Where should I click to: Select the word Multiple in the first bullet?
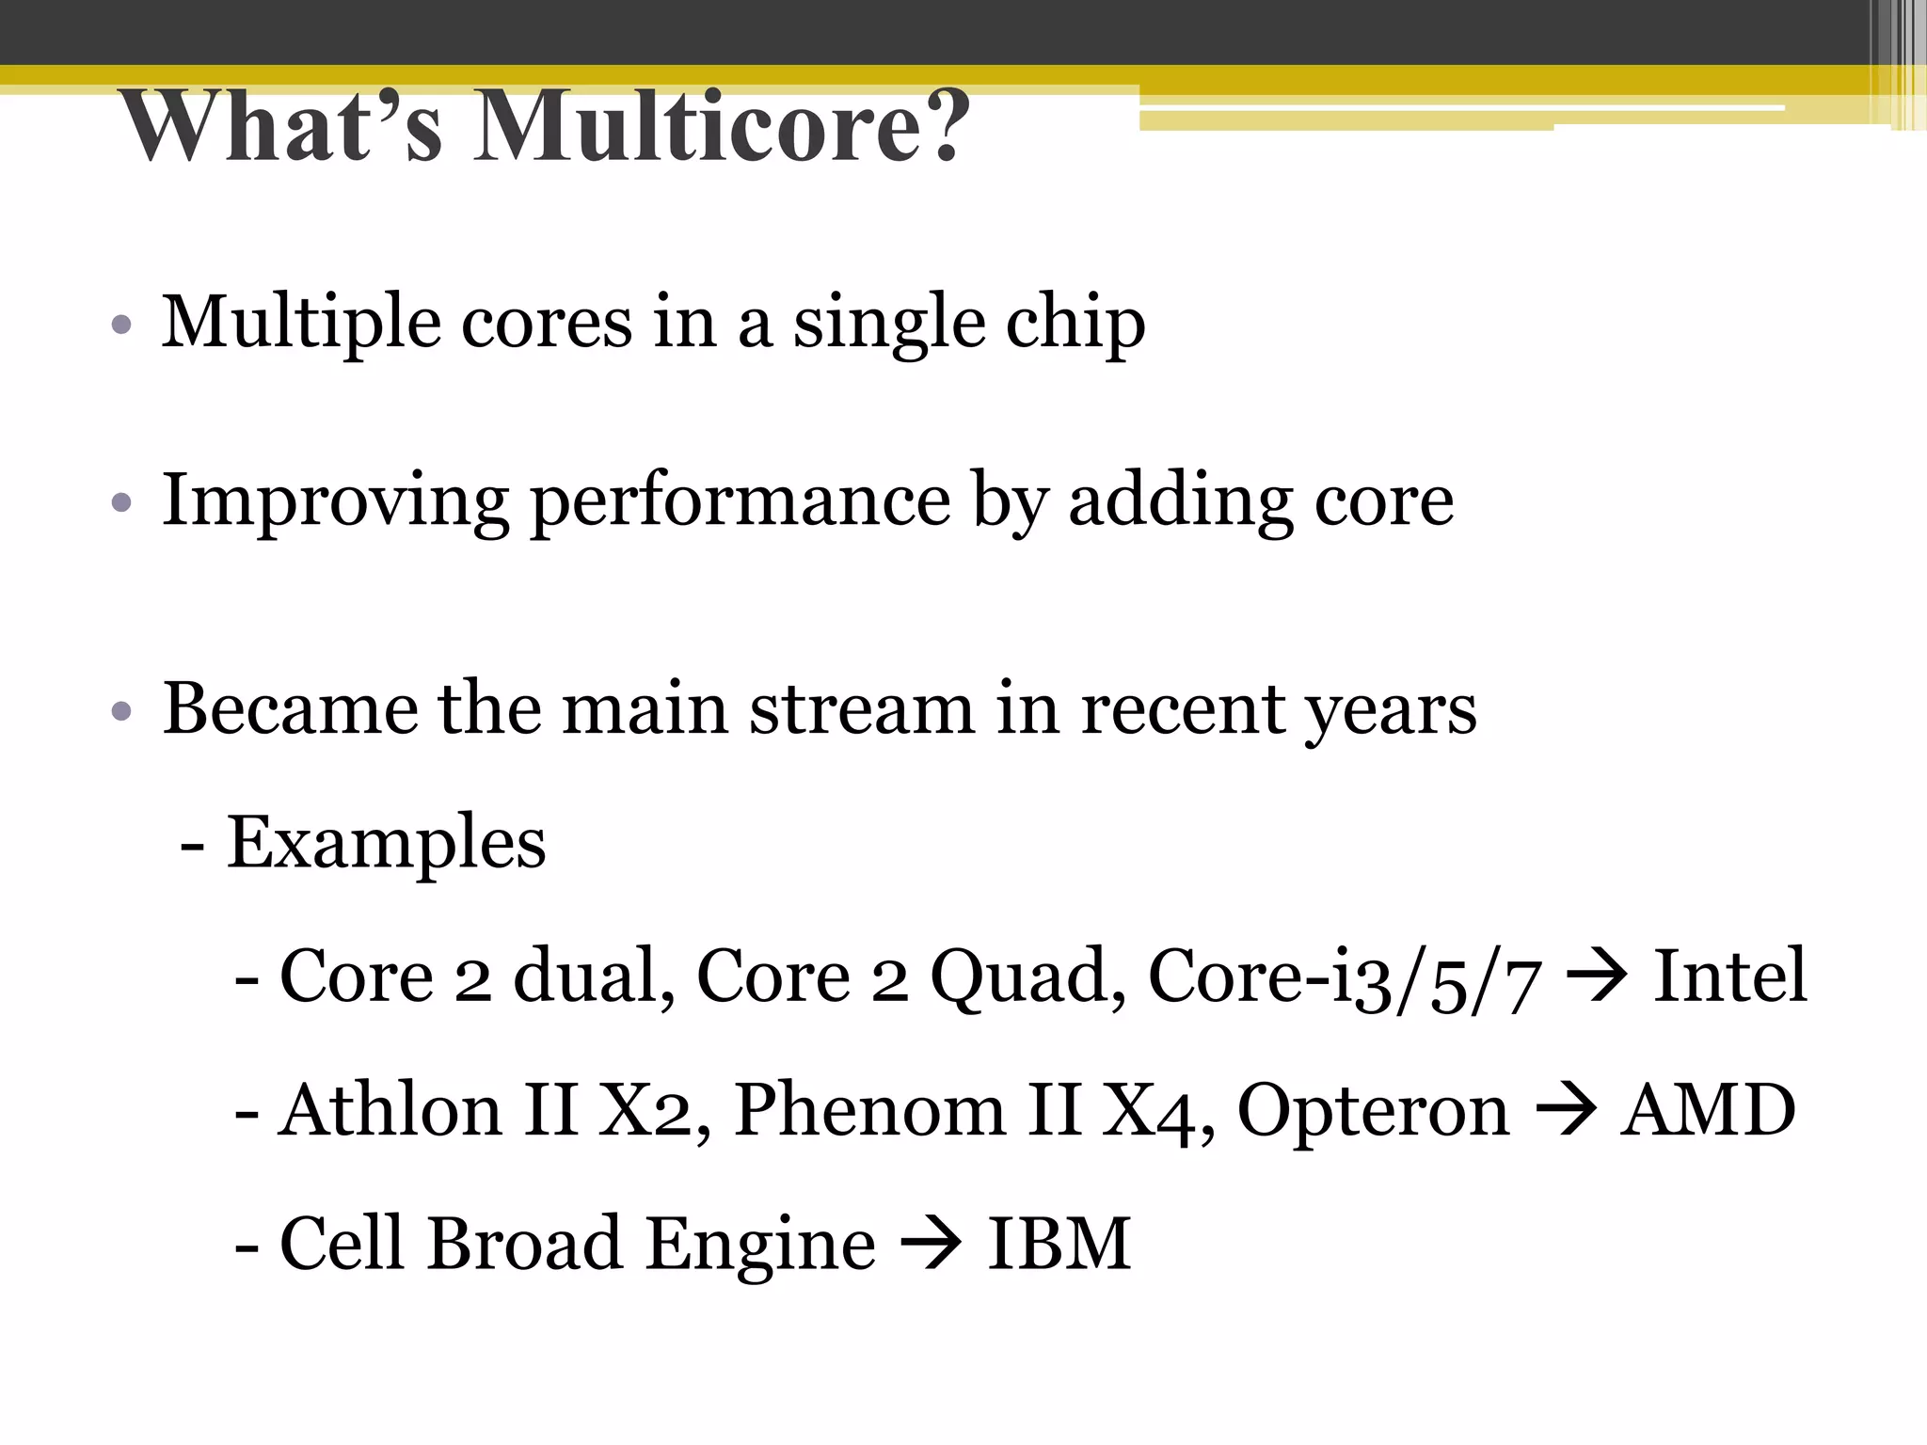point(301,322)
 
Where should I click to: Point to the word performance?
point(741,500)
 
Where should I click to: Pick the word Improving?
point(335,500)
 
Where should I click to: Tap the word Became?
point(290,707)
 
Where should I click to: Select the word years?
point(1391,709)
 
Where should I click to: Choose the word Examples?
point(386,842)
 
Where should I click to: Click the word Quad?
point(1027,977)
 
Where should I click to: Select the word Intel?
point(1729,976)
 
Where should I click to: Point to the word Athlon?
point(390,1110)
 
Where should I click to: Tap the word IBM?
point(1059,1244)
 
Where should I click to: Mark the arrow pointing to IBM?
point(932,1244)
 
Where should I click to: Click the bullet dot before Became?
point(120,710)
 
